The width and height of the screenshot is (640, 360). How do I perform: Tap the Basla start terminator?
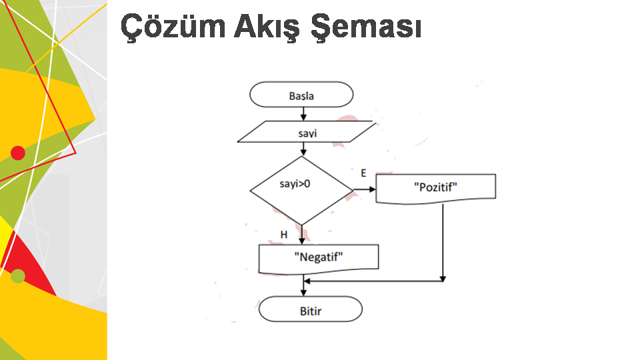click(x=301, y=95)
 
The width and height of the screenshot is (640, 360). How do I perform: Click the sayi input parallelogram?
click(x=307, y=132)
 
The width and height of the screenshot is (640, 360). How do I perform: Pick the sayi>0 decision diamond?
click(x=301, y=190)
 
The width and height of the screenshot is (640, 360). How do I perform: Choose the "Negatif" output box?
click(x=318, y=257)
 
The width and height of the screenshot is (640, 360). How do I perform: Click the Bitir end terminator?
click(x=310, y=309)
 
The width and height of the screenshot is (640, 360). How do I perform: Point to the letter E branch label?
click(x=363, y=173)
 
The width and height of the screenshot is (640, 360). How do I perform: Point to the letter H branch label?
click(x=284, y=235)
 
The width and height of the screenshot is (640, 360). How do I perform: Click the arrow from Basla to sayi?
click(x=303, y=114)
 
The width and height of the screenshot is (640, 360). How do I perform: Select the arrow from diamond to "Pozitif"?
click(x=365, y=189)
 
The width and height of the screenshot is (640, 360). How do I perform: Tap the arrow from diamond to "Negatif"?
click(x=303, y=234)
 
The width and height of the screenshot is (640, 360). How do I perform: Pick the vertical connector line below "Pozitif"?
click(x=443, y=240)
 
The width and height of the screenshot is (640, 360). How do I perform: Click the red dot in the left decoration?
click(x=18, y=153)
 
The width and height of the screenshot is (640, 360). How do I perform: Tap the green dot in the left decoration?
click(x=18, y=276)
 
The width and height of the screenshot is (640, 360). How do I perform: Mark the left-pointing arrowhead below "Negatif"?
click(x=307, y=281)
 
